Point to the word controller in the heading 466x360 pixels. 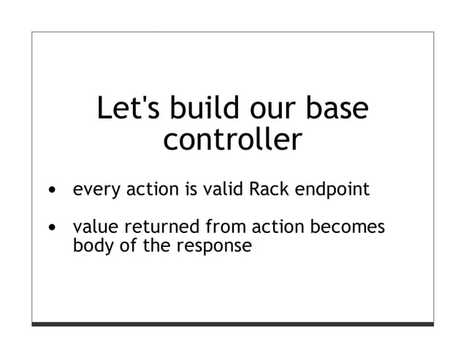(x=232, y=140)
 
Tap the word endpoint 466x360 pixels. (x=332, y=192)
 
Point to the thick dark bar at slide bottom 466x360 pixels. (x=232, y=323)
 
